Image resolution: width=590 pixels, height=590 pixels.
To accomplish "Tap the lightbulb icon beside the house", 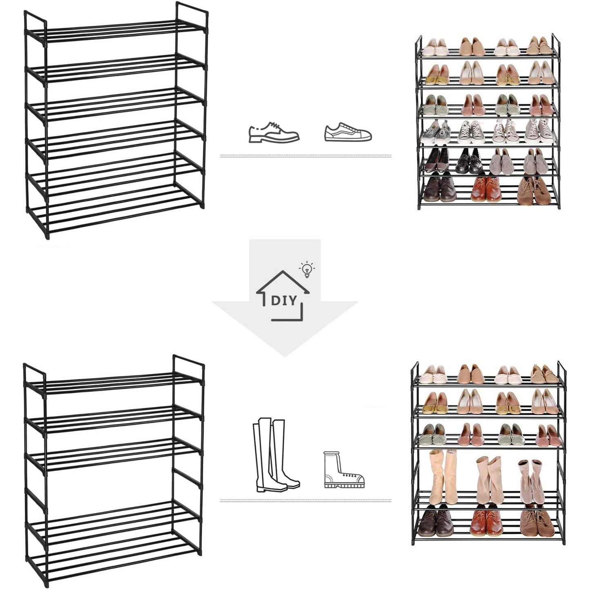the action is click(307, 269).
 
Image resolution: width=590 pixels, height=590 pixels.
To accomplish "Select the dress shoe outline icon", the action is click(274, 132).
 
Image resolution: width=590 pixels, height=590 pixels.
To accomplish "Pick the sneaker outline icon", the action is click(348, 132).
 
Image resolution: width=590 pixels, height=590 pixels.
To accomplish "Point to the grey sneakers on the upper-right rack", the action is click(436, 132).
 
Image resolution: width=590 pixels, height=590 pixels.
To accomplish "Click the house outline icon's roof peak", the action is click(283, 271).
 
